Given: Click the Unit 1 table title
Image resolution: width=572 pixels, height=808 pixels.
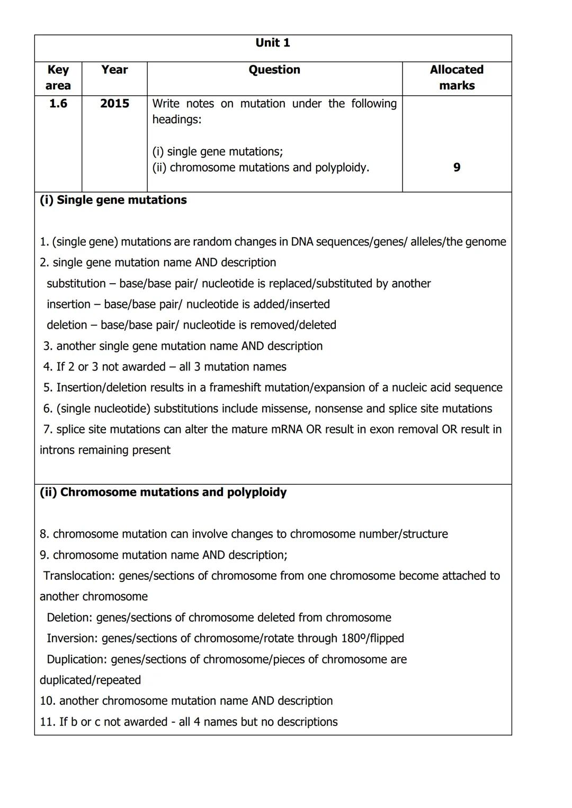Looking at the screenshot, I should pos(273,43).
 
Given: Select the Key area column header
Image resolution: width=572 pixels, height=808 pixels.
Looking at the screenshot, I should pos(58,78).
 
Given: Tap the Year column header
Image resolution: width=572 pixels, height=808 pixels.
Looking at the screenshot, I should pos(115,70).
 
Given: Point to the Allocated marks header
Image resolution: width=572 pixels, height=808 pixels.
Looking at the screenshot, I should pos(457,78).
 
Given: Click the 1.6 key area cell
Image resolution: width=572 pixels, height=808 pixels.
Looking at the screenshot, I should pos(58,104).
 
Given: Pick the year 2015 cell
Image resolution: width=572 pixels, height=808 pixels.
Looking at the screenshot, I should pos(115,104).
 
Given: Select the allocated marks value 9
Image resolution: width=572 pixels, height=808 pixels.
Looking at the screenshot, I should pos(457,168).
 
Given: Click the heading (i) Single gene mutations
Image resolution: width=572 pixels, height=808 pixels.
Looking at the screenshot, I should pos(113,200).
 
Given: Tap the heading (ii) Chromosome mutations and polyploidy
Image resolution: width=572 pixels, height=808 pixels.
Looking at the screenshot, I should pos(163,492).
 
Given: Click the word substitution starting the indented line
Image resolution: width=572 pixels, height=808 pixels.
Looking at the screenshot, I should pos(76,284).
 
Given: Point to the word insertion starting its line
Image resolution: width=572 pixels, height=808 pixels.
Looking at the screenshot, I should pos(68,304).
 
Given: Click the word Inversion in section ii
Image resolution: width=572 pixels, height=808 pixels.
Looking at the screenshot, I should pos(71,638).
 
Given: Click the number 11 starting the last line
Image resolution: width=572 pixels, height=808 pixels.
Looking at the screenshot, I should pos(47,722).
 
